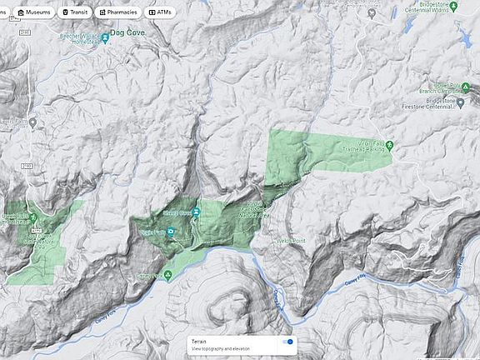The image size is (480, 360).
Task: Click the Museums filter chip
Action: coord(36,12)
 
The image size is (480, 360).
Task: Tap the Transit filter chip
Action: coord(76,12)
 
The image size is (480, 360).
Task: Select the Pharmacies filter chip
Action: coord(117,12)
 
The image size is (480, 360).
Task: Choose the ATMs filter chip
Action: coord(162,12)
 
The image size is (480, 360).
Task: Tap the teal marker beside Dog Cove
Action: coord(105,38)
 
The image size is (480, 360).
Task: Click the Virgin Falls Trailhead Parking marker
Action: coord(389,147)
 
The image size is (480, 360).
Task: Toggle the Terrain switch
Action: coord(287,342)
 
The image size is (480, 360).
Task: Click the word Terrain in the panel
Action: coord(199,341)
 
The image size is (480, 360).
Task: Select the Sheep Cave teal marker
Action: coord(196,212)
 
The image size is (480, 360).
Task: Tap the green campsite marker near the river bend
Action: coord(167,275)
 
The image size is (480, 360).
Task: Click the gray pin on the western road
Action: coord(32,123)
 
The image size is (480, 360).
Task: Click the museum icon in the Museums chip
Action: coord(21,12)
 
